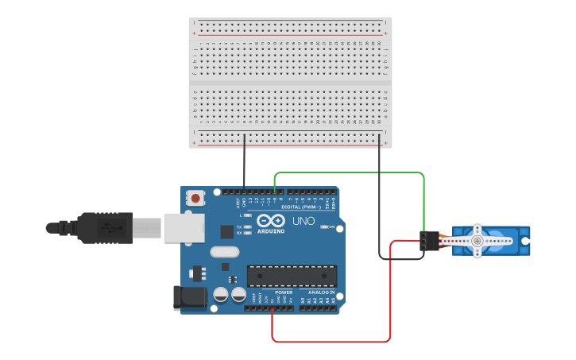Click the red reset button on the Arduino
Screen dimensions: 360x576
pos(195,195)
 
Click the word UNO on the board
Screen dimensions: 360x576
pos(303,221)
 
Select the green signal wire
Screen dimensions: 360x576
pos(350,172)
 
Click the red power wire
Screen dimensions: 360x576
pos(334,342)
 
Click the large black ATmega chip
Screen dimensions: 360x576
pos(291,276)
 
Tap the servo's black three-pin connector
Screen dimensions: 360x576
pos(430,241)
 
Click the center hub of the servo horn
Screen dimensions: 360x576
pos(477,240)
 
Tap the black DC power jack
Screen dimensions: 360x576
pos(188,297)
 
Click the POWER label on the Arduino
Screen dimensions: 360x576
pos(284,292)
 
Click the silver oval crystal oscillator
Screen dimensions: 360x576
pos(224,253)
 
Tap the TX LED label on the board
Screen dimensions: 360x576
pos(240,227)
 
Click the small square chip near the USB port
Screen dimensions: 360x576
pos(227,231)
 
